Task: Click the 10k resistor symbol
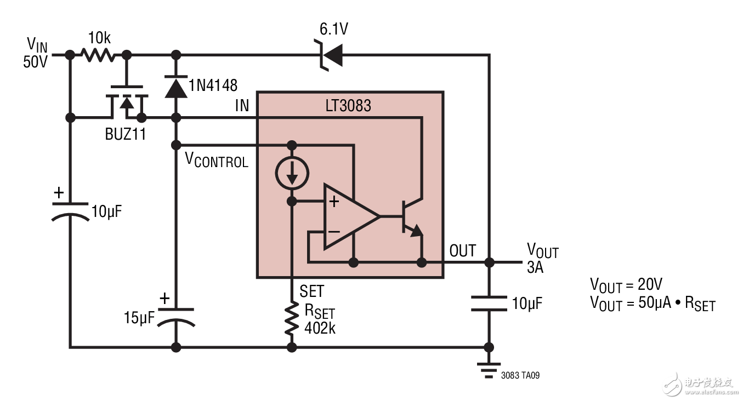coord(98,55)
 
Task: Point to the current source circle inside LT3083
coord(292,174)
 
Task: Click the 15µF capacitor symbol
coord(176,317)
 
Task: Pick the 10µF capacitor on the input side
coord(70,211)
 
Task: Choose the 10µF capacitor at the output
coord(488,303)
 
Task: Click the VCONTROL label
coord(216,160)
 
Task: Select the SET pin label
coord(311,290)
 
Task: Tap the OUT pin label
coord(462,251)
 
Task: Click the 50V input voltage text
coord(35,62)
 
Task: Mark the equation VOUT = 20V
coord(626,285)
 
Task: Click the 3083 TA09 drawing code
coord(520,376)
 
